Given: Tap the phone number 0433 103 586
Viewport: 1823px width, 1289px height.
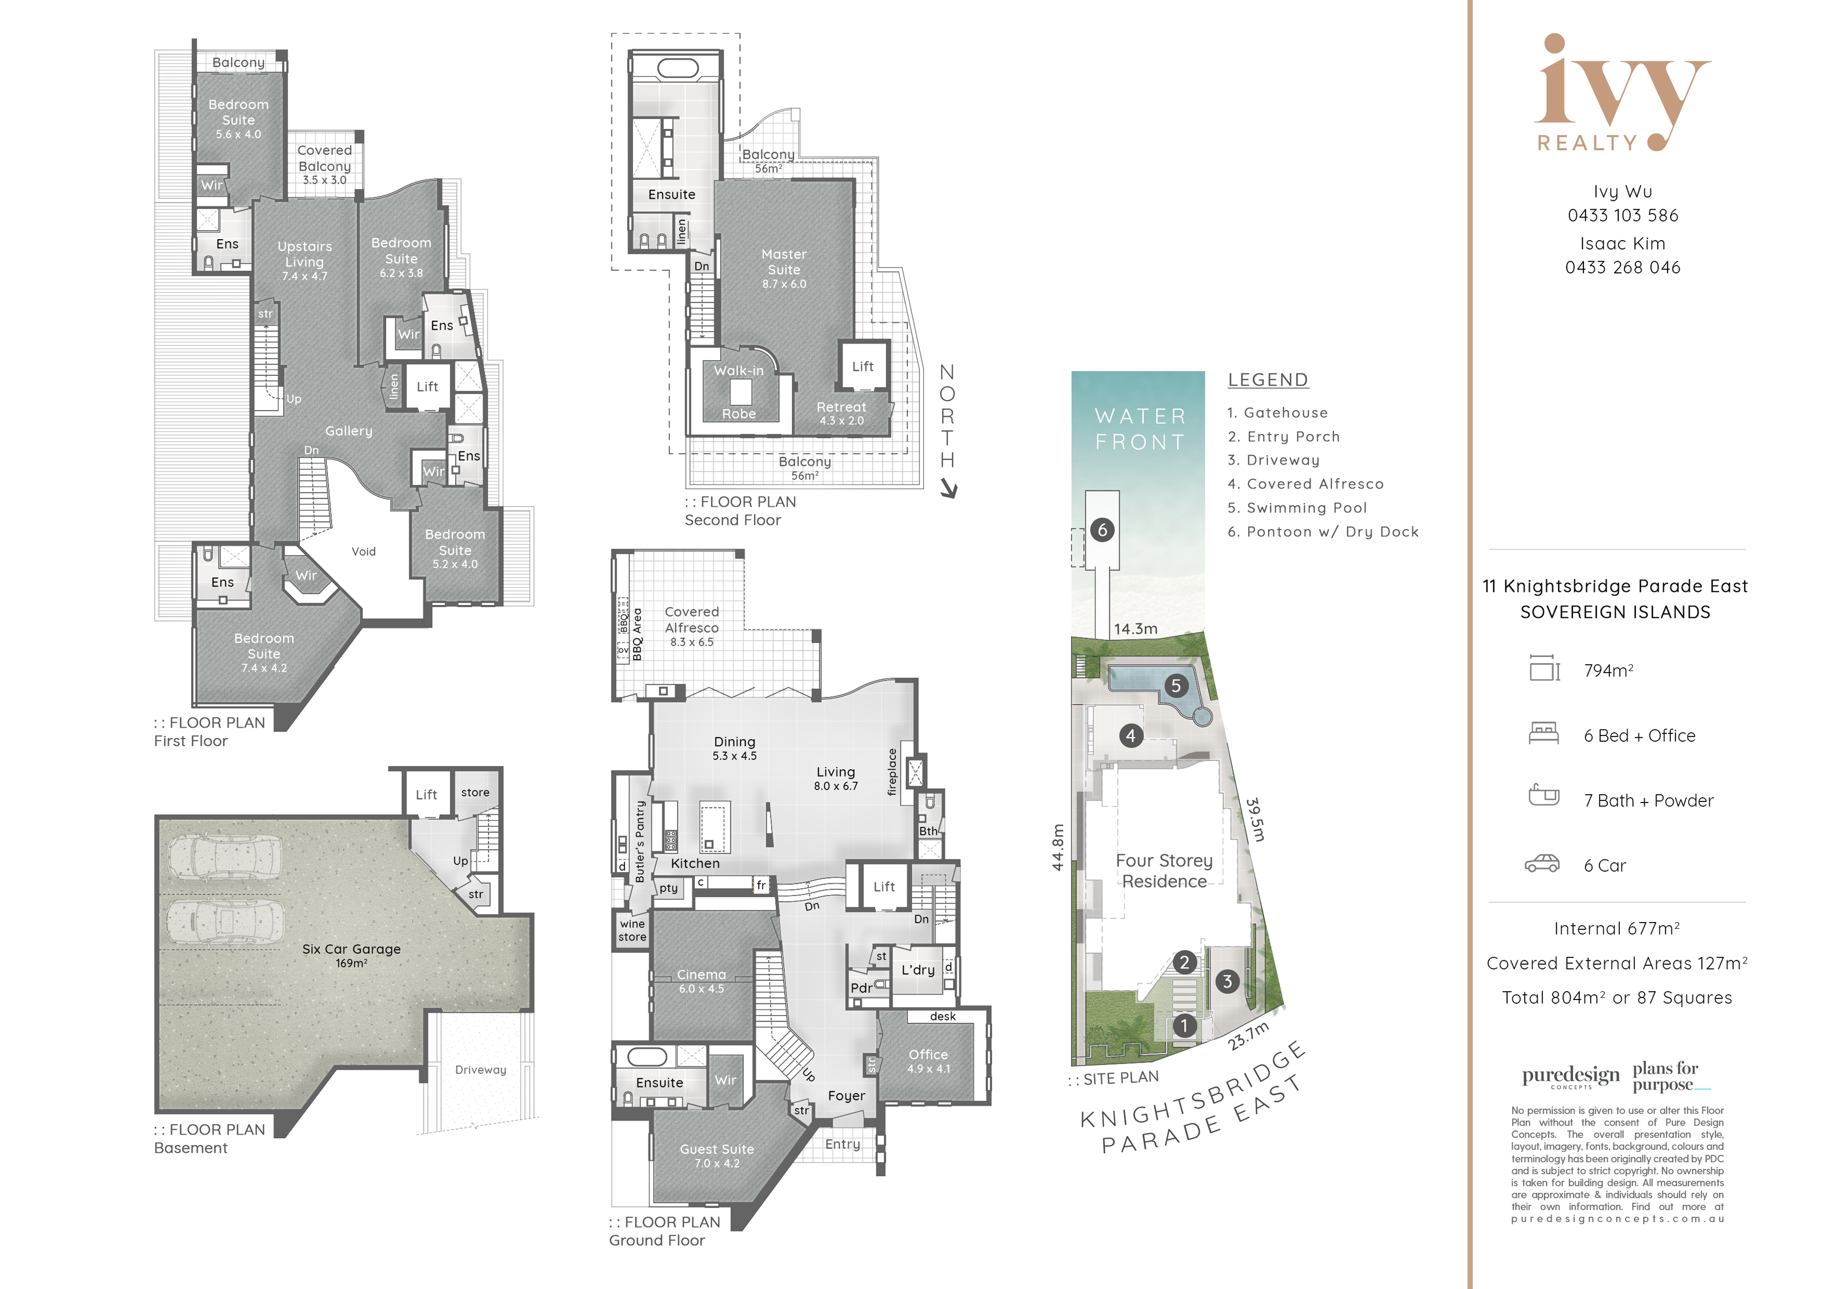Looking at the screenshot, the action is click(x=1623, y=215).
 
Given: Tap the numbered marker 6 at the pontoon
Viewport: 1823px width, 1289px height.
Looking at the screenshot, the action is click(x=1102, y=530).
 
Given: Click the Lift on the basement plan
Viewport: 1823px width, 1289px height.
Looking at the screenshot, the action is click(x=426, y=794).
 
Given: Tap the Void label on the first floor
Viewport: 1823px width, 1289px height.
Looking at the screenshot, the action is click(x=364, y=551).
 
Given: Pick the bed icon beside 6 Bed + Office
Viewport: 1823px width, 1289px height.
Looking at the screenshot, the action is click(x=1544, y=733).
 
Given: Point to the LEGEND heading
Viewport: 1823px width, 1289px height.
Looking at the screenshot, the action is click(x=1268, y=380).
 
